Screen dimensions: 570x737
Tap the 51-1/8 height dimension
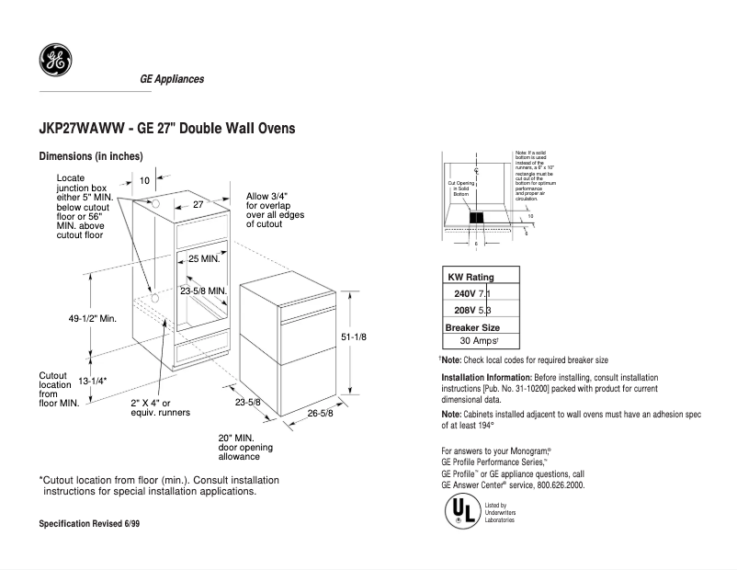(x=354, y=337)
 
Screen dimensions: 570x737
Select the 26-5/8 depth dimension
(x=321, y=413)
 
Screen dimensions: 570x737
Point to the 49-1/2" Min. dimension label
(x=92, y=318)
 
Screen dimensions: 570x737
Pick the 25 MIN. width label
(x=203, y=259)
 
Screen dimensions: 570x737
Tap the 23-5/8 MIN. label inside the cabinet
(x=203, y=291)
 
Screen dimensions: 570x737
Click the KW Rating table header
(x=471, y=277)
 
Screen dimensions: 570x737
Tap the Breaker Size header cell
(x=472, y=326)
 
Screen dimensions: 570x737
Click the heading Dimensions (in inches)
(x=90, y=156)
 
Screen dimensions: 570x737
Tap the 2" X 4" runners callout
(x=159, y=408)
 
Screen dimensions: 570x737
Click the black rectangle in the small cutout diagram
(x=477, y=218)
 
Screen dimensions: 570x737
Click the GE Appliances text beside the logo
(x=172, y=79)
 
